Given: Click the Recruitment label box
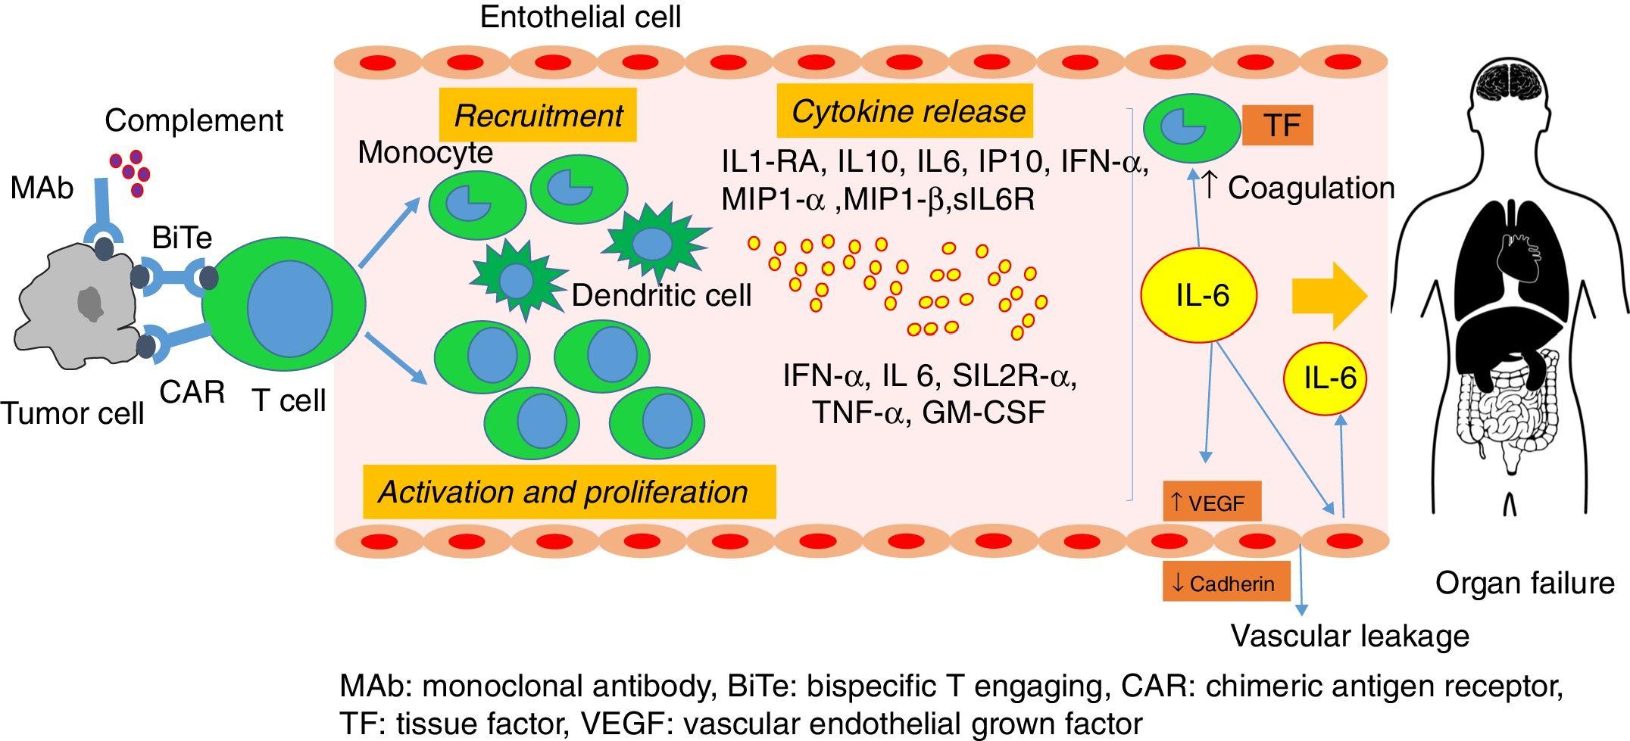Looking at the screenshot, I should [538, 115].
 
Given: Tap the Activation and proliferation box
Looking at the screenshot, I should [569, 492].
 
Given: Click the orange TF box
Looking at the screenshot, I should [1277, 125].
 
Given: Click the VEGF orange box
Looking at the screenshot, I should [1211, 502].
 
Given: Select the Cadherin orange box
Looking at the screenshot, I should [1226, 583].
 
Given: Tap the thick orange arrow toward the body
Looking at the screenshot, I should [1329, 297].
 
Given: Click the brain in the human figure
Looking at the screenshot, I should [1506, 83].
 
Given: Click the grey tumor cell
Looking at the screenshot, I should [76, 303].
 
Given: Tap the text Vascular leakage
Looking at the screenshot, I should [1350, 636].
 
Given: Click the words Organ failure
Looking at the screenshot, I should [1525, 583].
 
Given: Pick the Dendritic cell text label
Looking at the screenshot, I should [661, 295].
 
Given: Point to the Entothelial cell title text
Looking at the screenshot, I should [580, 17].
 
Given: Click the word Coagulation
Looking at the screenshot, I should [1310, 188].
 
